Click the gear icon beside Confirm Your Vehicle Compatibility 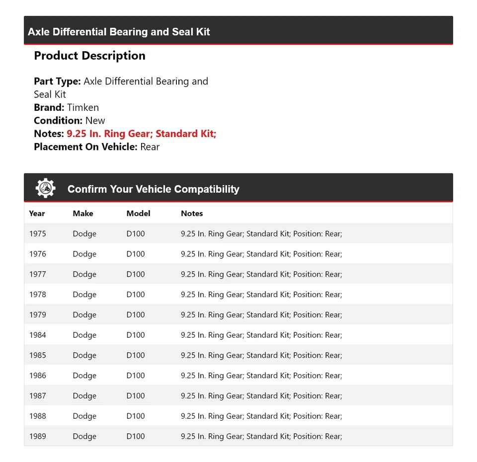click(x=46, y=188)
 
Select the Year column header click(x=37, y=214)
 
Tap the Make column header click(x=83, y=214)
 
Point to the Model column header click(x=138, y=214)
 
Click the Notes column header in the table click(x=192, y=214)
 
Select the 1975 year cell click(x=37, y=233)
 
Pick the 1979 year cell click(x=37, y=315)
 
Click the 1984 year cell click(x=37, y=335)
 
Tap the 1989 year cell click(x=37, y=437)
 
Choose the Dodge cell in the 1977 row click(x=84, y=274)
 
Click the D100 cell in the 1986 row click(x=136, y=376)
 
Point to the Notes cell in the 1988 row click(x=261, y=416)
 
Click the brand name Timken click(x=83, y=107)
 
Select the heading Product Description click(x=89, y=56)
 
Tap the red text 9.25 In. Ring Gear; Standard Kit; click(x=141, y=134)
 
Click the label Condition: click(x=58, y=121)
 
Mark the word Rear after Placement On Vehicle click(x=150, y=147)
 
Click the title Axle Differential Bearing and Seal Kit click(x=119, y=32)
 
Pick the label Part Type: click(x=57, y=81)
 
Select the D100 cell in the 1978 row click(x=136, y=295)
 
